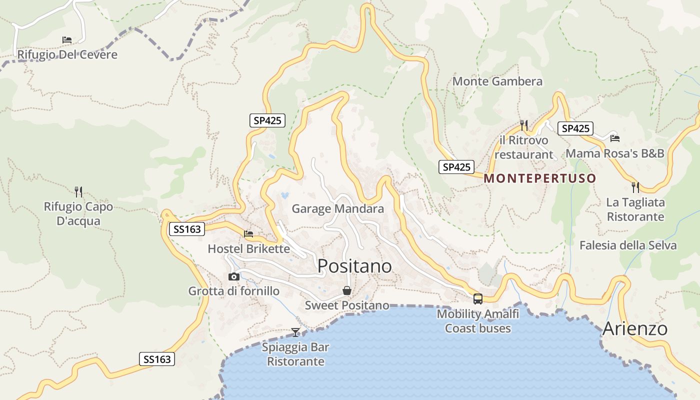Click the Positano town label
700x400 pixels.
pyautogui.click(x=354, y=266)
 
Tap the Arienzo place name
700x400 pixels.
pyautogui.click(x=634, y=328)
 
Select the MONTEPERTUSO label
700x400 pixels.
pyautogui.click(x=540, y=178)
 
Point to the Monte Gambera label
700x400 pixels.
pyautogui.click(x=497, y=81)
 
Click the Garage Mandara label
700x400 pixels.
pyautogui.click(x=337, y=208)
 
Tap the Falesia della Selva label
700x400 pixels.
pyautogui.click(x=627, y=245)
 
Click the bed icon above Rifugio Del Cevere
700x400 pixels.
pyautogui.click(x=67, y=39)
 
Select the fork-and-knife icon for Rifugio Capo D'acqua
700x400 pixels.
pyautogui.click(x=78, y=191)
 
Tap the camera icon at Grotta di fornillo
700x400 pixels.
pyautogui.click(x=233, y=276)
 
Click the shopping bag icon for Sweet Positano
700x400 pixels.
pyautogui.click(x=346, y=290)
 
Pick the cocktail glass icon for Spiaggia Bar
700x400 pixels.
pyautogui.click(x=295, y=332)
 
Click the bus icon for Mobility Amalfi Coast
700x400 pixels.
pyautogui.click(x=478, y=299)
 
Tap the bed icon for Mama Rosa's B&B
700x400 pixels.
pyautogui.click(x=614, y=138)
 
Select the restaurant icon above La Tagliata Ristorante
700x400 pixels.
pyautogui.click(x=635, y=187)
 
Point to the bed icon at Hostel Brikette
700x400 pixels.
pyautogui.click(x=248, y=233)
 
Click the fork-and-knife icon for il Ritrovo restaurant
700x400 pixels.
pyautogui.click(x=523, y=125)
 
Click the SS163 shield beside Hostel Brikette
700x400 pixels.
pyautogui.click(x=187, y=229)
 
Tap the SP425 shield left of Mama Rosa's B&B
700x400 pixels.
pyautogui.click(x=575, y=128)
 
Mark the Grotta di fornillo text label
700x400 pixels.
pyautogui.click(x=233, y=290)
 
